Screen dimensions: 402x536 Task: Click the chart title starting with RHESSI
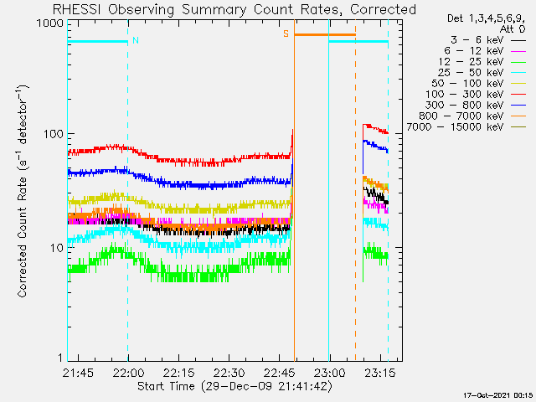(x=234, y=10)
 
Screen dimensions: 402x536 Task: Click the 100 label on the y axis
(x=53, y=135)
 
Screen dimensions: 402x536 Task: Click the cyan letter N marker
(x=136, y=39)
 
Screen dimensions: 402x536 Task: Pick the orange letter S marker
(x=286, y=33)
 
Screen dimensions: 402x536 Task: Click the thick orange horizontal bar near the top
(x=324, y=34)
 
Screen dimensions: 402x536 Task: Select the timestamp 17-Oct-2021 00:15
(x=499, y=395)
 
